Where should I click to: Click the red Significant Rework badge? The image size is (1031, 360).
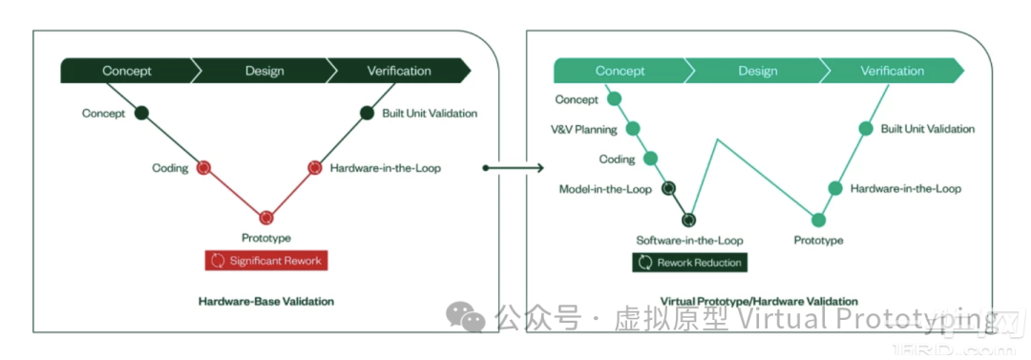click(x=265, y=261)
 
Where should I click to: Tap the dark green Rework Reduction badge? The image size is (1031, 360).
click(x=690, y=263)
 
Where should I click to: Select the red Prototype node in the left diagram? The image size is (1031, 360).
click(x=265, y=216)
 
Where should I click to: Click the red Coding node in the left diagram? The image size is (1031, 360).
click(x=203, y=168)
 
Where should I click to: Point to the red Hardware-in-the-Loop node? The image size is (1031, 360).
click(x=315, y=168)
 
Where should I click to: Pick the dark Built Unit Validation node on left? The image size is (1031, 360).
click(x=367, y=114)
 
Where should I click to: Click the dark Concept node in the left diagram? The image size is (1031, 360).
click(x=141, y=114)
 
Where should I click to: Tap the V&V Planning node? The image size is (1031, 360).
click(x=633, y=129)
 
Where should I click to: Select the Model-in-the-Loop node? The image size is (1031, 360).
click(x=668, y=189)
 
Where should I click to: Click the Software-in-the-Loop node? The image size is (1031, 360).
click(x=688, y=220)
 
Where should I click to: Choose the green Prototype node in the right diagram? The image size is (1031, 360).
click(x=818, y=220)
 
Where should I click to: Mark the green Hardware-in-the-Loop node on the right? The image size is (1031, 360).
click(x=835, y=188)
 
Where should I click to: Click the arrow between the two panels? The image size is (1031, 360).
click(x=514, y=168)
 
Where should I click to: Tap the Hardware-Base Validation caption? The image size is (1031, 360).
click(x=265, y=302)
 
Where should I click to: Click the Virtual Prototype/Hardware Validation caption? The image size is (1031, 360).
click(x=760, y=302)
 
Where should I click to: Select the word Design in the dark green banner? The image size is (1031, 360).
click(x=265, y=71)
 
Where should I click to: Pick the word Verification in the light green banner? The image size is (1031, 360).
click(x=893, y=71)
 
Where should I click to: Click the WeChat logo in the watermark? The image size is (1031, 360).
click(x=466, y=319)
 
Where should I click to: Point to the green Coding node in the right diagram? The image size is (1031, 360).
click(x=650, y=159)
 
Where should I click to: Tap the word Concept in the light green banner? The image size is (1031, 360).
click(x=621, y=71)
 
